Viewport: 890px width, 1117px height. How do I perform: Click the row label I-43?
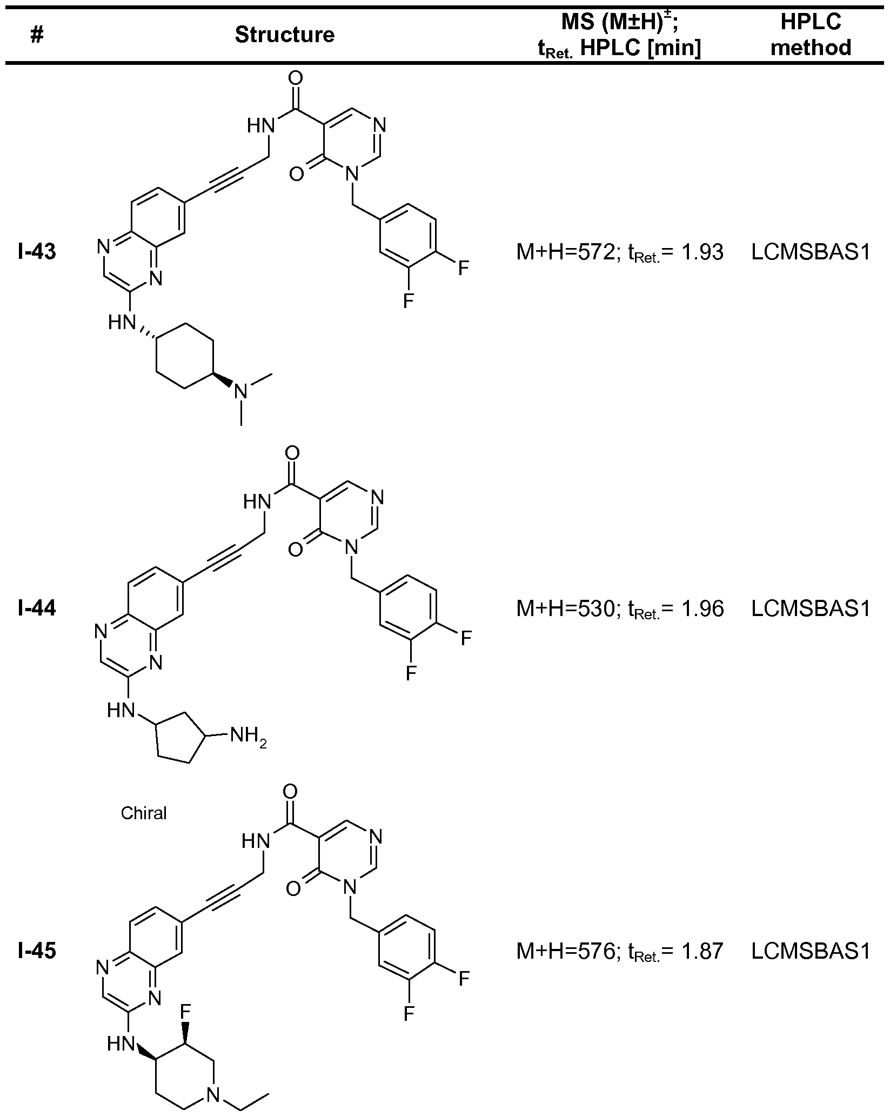coord(37,252)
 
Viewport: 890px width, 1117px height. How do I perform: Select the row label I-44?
coord(37,609)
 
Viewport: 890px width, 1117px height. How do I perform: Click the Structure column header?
coord(285,35)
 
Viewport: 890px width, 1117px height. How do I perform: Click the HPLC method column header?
coord(811,35)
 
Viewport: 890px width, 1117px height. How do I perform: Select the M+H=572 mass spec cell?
coord(620,252)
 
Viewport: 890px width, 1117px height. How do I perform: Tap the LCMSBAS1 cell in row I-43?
coord(811,252)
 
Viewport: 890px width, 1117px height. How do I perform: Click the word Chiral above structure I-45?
coord(143,813)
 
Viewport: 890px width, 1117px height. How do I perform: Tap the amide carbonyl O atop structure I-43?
coord(296,79)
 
